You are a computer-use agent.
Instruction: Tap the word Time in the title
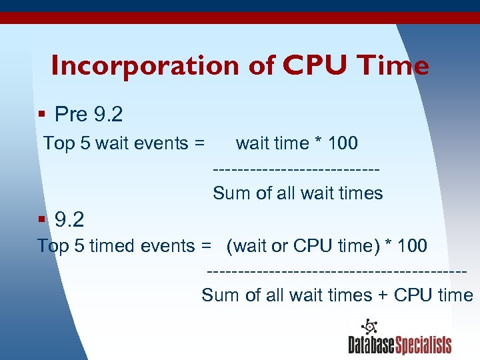[x=393, y=65]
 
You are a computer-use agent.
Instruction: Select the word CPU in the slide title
[x=317, y=65]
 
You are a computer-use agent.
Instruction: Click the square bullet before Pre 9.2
[x=41, y=115]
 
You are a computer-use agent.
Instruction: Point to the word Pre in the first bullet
[x=71, y=115]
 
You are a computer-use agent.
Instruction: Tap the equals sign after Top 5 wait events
[x=199, y=143]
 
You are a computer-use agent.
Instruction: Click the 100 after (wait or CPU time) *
[x=412, y=246]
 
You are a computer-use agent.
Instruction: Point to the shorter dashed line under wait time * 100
[x=296, y=168]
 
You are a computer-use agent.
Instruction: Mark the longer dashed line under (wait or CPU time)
[x=337, y=271]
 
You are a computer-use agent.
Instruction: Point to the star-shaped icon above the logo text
[x=369, y=326]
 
